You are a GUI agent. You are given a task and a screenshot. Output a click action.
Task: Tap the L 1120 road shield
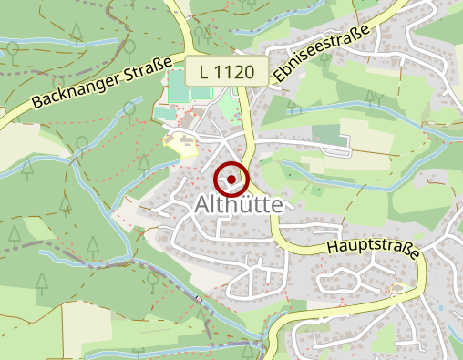pyautogui.click(x=227, y=69)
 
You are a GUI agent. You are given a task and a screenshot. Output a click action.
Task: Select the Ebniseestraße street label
pyautogui.click(x=324, y=56)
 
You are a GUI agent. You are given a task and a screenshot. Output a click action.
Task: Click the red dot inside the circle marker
pyautogui.click(x=231, y=179)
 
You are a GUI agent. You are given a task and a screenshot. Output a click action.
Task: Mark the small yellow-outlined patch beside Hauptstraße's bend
pyautogui.click(x=396, y=291)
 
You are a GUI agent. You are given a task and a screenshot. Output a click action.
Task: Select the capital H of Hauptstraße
pyautogui.click(x=330, y=237)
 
